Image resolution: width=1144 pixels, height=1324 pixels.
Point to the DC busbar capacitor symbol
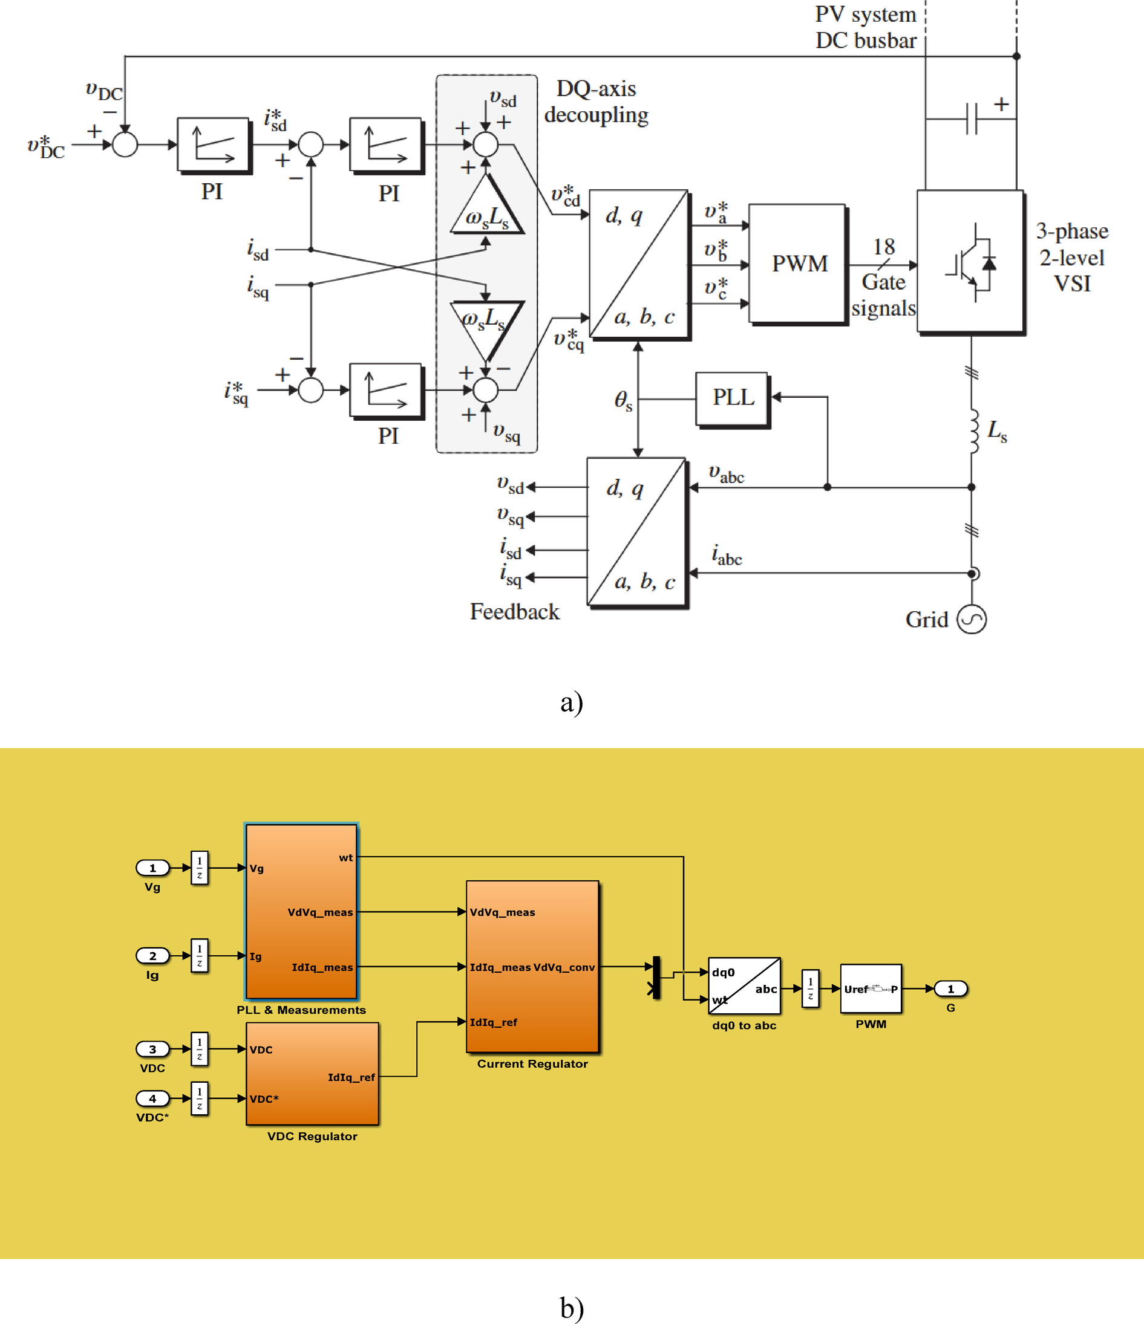pyautogui.click(x=971, y=119)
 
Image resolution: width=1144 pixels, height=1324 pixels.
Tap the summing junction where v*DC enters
pyautogui.click(x=125, y=145)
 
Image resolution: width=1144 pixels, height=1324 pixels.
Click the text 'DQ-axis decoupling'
pyautogui.click(x=595, y=102)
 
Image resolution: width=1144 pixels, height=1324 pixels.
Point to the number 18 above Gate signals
pyautogui.click(x=884, y=247)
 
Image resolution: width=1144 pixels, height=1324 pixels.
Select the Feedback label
pyautogui.click(x=514, y=612)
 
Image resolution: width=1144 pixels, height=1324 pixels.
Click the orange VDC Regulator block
pyautogui.click(x=312, y=1074)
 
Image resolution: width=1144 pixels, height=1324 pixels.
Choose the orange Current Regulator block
pyautogui.click(x=532, y=965)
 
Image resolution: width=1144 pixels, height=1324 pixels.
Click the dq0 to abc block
pyautogui.click(x=744, y=985)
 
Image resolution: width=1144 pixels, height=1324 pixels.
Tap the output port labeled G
pyautogui.click(x=950, y=988)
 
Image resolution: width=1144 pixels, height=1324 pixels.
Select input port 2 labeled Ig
pyautogui.click(x=152, y=955)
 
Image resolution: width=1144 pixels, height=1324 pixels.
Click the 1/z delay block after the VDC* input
pyautogui.click(x=200, y=1098)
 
